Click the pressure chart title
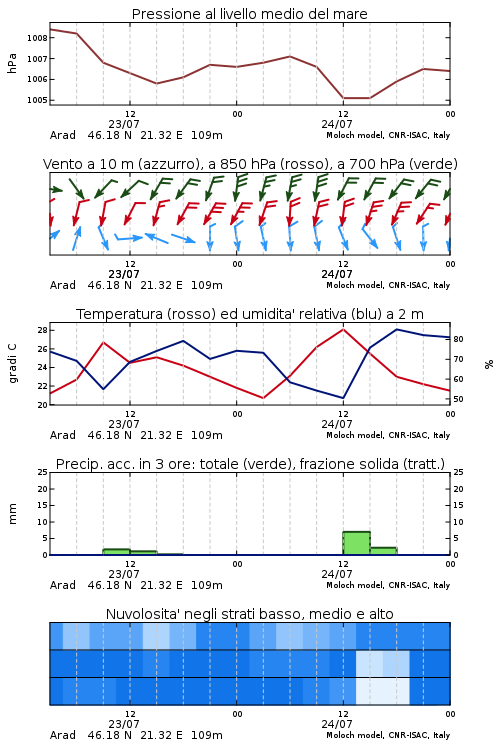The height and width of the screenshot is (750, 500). [249, 14]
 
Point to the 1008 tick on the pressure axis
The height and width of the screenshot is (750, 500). [37, 38]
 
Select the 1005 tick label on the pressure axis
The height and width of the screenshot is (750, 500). [37, 100]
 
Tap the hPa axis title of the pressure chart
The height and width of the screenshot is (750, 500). [12, 63]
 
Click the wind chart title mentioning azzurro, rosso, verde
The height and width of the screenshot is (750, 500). [250, 164]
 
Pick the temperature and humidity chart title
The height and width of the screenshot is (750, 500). [250, 314]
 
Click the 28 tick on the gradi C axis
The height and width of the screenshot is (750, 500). [42, 330]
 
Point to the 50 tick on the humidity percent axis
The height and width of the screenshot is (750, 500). [458, 399]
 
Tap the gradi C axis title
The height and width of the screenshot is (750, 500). [12, 364]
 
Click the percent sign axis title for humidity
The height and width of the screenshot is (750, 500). [489, 364]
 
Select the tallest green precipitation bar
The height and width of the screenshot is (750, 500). [356, 543]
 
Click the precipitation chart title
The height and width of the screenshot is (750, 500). [250, 464]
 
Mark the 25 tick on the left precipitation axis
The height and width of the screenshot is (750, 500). [42, 472]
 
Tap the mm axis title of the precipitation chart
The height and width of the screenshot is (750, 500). [12, 514]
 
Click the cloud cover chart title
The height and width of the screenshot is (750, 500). [249, 614]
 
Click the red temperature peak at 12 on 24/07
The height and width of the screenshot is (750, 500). [343, 329]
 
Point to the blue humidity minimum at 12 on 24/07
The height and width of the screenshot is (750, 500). [343, 397]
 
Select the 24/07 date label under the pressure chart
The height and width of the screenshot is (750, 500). [337, 124]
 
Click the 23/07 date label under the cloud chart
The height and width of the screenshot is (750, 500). [124, 724]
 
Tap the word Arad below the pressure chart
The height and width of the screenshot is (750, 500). [63, 135]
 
